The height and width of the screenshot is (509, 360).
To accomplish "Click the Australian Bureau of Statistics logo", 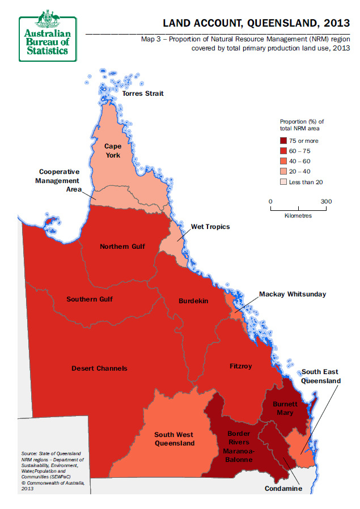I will pyautogui.click(x=48, y=35).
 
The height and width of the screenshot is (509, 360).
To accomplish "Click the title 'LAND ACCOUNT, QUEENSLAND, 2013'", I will pyautogui.click(x=256, y=23).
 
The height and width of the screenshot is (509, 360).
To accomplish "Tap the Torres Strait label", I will pyautogui.click(x=143, y=94).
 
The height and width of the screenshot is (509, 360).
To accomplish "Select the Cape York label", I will pyautogui.click(x=112, y=150).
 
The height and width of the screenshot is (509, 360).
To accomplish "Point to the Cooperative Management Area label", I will pyautogui.click(x=59, y=180).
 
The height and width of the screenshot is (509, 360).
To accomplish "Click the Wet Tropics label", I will pyautogui.click(x=210, y=227).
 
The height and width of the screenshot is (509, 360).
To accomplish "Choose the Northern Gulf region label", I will pyautogui.click(x=122, y=247).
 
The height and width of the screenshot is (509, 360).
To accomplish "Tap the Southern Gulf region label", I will pyautogui.click(x=90, y=299).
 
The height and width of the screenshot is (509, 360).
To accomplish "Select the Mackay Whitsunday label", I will pyautogui.click(x=293, y=294).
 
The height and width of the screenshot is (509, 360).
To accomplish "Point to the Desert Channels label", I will pyautogui.click(x=99, y=368).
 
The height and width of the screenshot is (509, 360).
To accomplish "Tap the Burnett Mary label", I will pyautogui.click(x=283, y=408).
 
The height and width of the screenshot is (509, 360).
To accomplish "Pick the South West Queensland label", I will pyautogui.click(x=175, y=439).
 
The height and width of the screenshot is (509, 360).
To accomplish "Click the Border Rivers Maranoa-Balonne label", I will pyautogui.click(x=235, y=446).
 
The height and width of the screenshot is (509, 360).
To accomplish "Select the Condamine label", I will pyautogui.click(x=283, y=488).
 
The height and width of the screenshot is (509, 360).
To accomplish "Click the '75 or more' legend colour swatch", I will pyautogui.click(x=284, y=141).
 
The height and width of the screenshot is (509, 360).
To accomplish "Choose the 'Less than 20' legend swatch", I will pyautogui.click(x=284, y=182).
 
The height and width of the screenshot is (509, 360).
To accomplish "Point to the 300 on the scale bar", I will pyautogui.click(x=326, y=201).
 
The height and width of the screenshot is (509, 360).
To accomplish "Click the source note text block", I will pyautogui.click(x=53, y=470).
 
